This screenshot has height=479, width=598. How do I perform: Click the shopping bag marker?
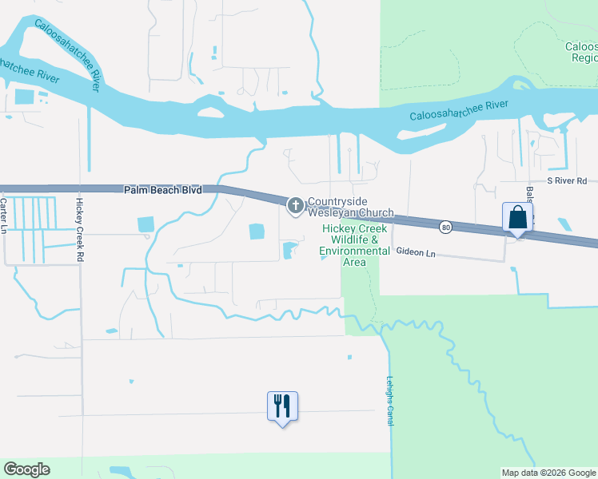(518, 218)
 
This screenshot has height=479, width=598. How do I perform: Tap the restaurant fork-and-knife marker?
(281, 406)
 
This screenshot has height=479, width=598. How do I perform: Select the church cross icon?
(295, 207)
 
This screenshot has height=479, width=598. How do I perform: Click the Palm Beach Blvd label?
(162, 190)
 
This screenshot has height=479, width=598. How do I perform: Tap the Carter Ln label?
(4, 216)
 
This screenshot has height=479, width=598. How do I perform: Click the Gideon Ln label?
(417, 252)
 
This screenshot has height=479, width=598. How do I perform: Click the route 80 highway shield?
(445, 228)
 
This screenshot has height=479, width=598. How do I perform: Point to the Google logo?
(26, 469)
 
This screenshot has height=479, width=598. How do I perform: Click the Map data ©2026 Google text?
(548, 473)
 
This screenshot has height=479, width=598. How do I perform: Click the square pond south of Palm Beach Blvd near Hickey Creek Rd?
(146, 225)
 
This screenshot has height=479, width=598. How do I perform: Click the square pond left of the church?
(257, 232)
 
